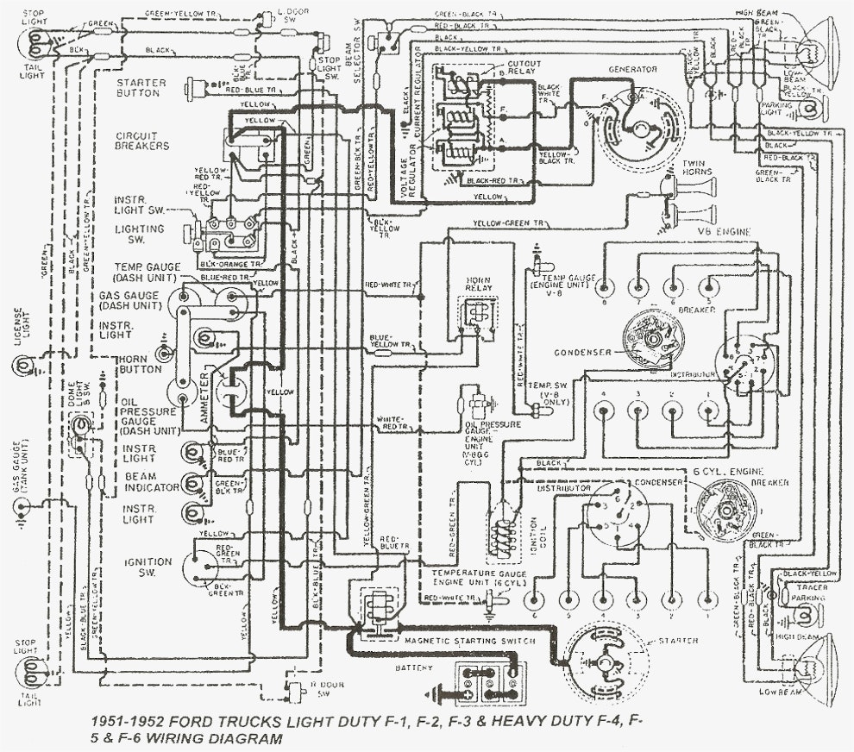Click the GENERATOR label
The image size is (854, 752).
[632, 68]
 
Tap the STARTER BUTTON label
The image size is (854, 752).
[142, 88]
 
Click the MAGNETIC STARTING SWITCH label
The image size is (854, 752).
[470, 642]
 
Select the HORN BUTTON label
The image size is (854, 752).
[141, 363]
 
